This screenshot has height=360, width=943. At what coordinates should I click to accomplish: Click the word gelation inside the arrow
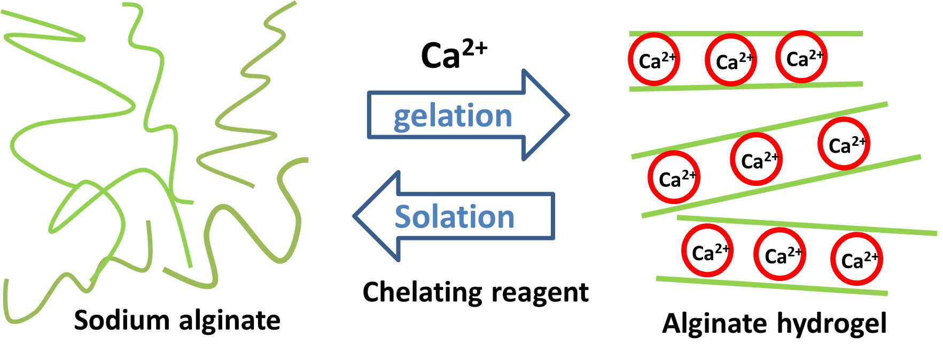tap(453, 116)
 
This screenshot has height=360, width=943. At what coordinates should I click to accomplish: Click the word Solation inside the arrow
tap(454, 217)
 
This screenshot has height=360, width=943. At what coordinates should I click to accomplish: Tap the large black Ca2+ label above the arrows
tap(453, 55)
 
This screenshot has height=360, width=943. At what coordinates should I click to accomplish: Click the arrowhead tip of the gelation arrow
tap(568, 114)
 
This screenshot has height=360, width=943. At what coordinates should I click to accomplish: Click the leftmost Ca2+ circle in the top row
tap(653, 59)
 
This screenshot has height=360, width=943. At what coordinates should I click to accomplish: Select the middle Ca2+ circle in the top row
tap(730, 60)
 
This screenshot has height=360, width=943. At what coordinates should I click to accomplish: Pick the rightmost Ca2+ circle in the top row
tap(801, 57)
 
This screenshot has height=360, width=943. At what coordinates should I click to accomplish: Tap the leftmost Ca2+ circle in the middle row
tap(673, 177)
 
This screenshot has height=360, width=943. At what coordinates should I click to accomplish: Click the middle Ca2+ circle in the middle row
tap(756, 159)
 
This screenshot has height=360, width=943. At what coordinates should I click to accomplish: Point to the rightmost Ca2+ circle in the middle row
tap(844, 144)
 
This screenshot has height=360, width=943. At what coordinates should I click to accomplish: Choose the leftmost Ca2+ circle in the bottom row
tap(707, 251)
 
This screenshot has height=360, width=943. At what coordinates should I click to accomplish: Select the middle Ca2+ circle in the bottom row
tap(780, 254)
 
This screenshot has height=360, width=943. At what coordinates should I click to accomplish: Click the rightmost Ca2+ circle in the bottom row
tap(856, 259)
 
